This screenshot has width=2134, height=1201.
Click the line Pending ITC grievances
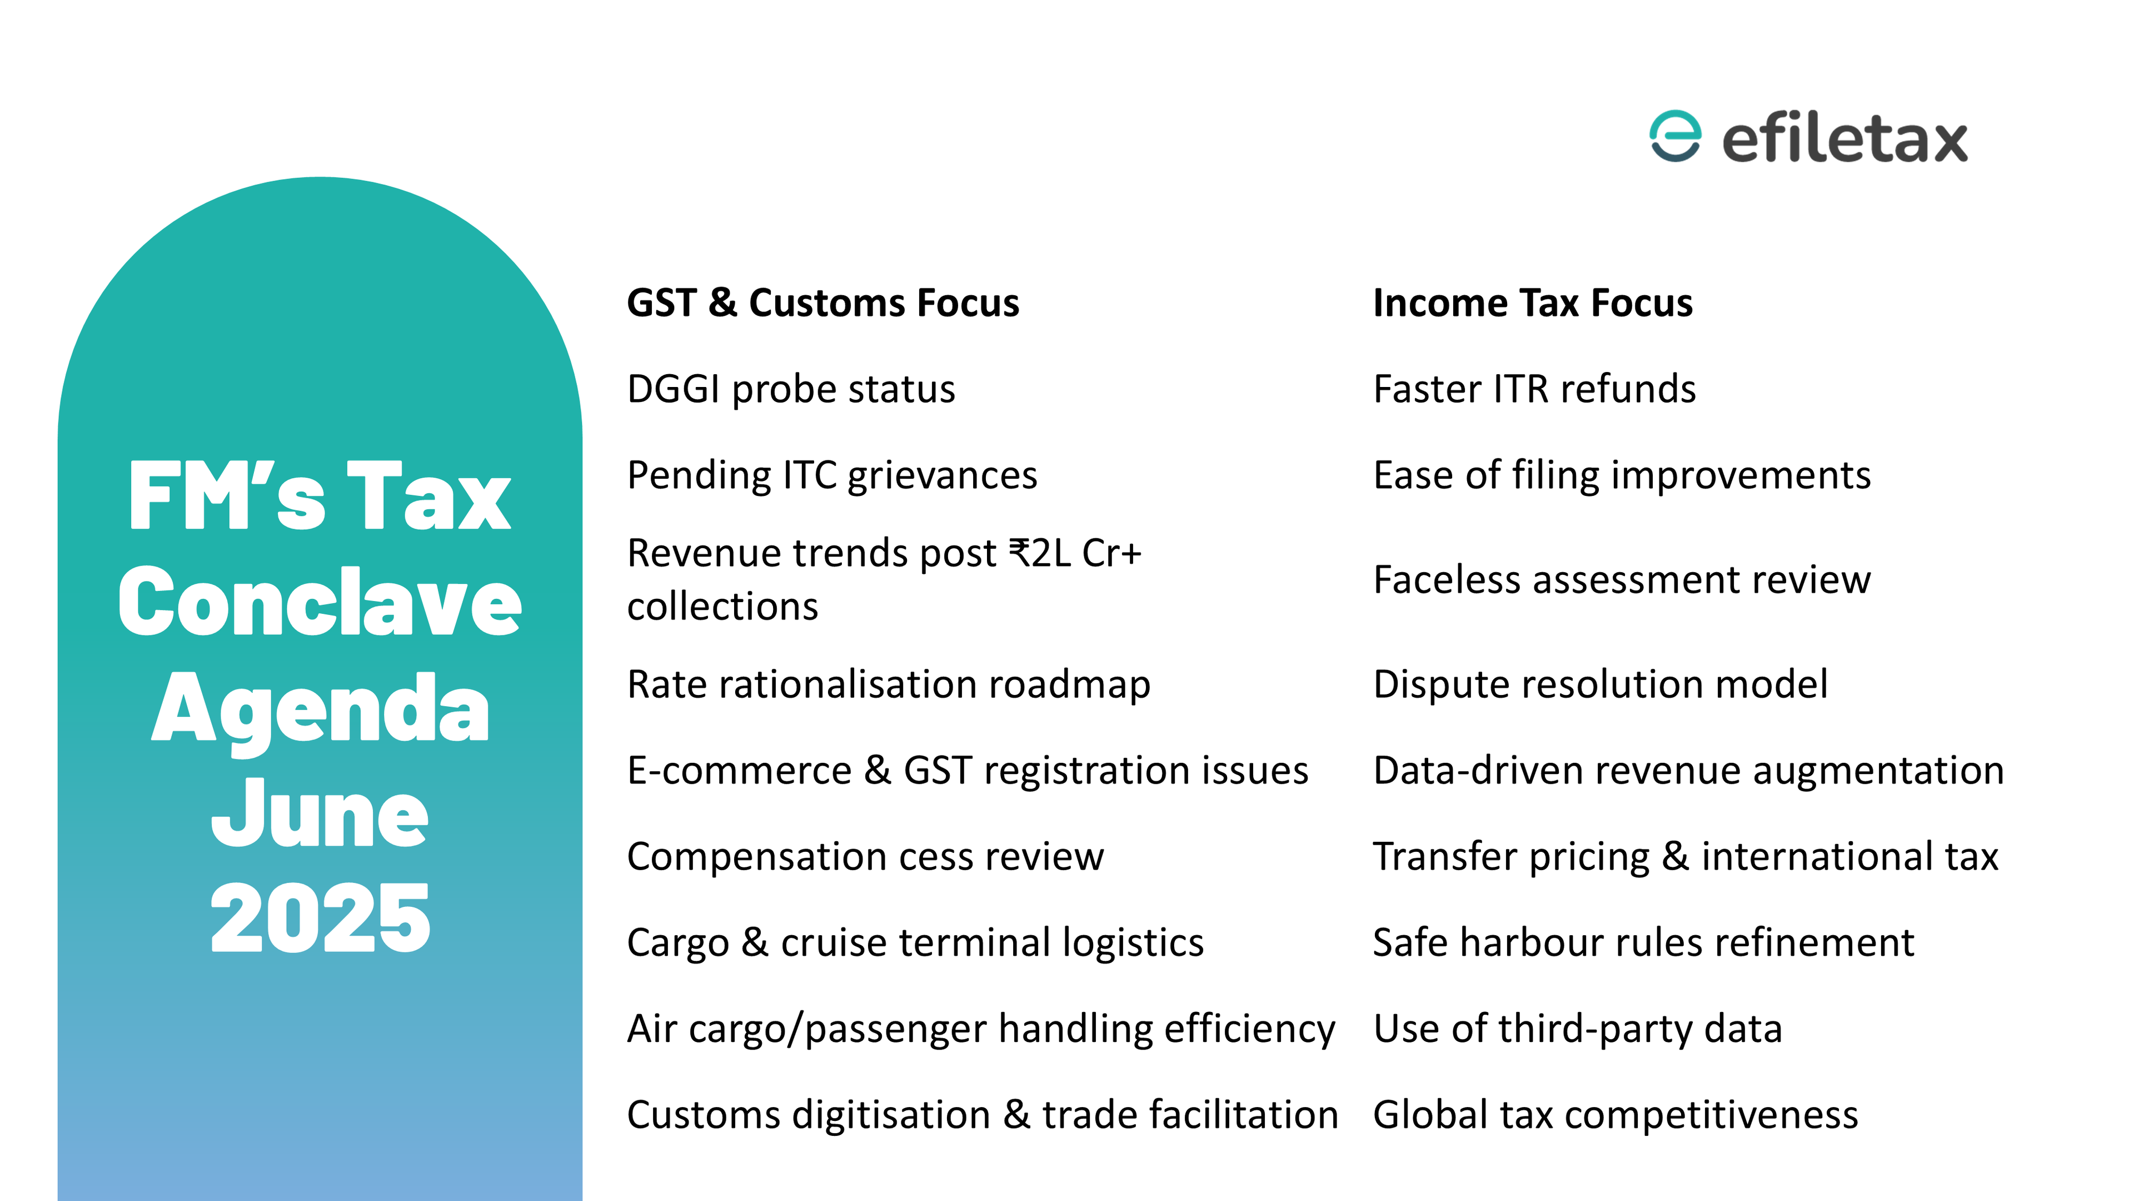click(x=832, y=477)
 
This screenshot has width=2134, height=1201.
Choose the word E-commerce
click(x=739, y=771)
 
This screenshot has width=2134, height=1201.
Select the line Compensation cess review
click(x=865, y=857)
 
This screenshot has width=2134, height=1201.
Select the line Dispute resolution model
click(x=1601, y=686)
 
